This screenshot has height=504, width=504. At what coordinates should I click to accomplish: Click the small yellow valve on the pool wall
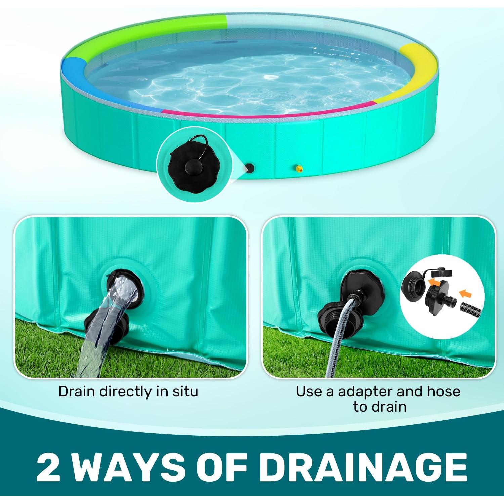(297, 168)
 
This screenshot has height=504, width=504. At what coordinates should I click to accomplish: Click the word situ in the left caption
(184, 392)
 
